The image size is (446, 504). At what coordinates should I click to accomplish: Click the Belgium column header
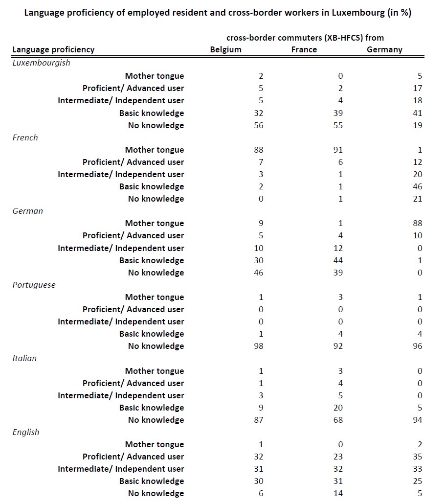[225, 49]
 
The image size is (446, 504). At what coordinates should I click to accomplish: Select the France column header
[304, 49]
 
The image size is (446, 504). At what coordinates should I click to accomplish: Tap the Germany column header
[384, 49]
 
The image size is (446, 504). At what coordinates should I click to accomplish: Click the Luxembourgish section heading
[41, 63]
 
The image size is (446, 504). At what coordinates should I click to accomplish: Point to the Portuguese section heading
[34, 285]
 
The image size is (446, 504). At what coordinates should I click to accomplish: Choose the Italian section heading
[24, 358]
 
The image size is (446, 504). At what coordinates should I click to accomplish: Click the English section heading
[26, 432]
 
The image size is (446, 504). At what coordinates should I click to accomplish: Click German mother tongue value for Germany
[417, 223]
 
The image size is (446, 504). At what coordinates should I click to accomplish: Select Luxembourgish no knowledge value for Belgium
[259, 125]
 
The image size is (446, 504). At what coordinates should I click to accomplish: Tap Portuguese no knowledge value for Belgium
[259, 346]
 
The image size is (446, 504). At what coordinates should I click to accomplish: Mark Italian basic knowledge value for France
[338, 408]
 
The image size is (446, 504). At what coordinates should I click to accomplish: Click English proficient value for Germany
[417, 457]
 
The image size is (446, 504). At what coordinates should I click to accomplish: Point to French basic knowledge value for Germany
[417, 186]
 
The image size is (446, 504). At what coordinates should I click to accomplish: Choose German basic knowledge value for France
[338, 260]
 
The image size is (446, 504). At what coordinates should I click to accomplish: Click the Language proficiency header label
[53, 49]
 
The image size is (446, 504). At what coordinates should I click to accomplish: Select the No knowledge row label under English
[156, 493]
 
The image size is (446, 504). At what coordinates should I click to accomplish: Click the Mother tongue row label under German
[155, 223]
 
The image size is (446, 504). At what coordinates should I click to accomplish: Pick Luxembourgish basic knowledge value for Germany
[417, 113]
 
